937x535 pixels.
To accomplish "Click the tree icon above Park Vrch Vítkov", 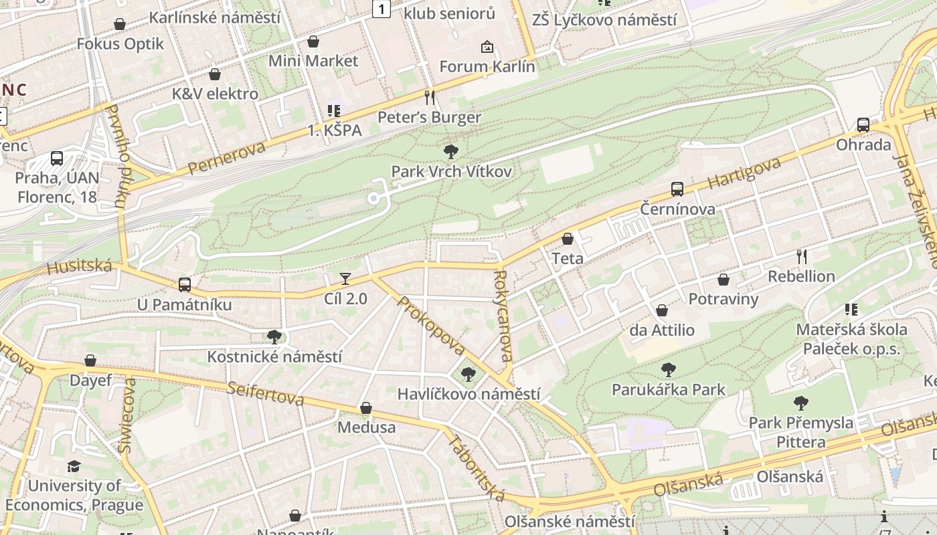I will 451,152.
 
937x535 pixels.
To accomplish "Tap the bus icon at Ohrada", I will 863,125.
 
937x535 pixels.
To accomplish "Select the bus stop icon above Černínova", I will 677,189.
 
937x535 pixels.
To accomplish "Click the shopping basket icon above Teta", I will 568,239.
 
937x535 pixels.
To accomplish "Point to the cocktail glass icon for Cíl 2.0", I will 345,278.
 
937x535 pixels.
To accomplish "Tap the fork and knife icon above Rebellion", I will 802,256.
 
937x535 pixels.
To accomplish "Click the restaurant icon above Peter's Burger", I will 430,98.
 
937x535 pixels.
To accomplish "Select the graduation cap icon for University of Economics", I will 74,466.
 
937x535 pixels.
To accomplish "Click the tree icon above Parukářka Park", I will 668,369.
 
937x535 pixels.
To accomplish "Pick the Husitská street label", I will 79,266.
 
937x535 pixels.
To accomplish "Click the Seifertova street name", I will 265,393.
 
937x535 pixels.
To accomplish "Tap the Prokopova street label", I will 431,326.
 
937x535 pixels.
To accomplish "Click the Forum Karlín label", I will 487,67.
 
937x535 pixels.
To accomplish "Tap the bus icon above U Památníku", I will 185,285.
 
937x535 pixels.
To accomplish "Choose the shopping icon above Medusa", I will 366,408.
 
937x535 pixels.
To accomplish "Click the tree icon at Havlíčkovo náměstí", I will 468,374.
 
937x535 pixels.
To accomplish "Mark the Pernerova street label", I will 227,158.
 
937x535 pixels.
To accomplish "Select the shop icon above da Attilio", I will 662,310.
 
